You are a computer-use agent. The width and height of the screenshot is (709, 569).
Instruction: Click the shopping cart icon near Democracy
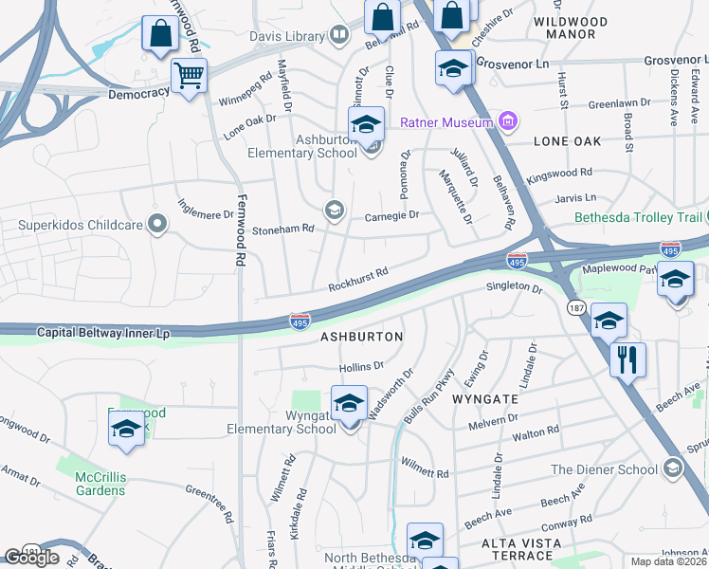pyautogui.click(x=190, y=75)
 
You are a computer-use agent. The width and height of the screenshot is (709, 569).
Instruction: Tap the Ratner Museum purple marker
pyautogui.click(x=508, y=121)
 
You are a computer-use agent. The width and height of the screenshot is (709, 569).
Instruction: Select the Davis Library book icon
pyautogui.click(x=339, y=36)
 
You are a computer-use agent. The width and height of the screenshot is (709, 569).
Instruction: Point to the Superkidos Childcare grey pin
pyautogui.click(x=157, y=225)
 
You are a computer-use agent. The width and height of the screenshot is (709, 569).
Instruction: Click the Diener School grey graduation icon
pyautogui.click(x=672, y=468)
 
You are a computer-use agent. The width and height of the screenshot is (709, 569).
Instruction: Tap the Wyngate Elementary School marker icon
pyautogui.click(x=349, y=404)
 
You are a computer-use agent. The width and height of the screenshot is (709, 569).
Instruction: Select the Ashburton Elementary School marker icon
pyautogui.click(x=366, y=125)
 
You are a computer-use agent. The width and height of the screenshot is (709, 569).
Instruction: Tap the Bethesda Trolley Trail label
pyautogui.click(x=641, y=217)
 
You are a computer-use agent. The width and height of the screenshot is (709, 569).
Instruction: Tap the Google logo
pyautogui.click(x=31, y=558)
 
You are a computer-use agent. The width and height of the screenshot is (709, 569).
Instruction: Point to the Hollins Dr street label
pyautogui.click(x=361, y=366)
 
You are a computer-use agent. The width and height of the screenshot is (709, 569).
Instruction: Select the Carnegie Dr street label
pyautogui.click(x=391, y=216)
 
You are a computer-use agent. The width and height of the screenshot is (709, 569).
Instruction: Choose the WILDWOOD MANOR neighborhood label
pyautogui.click(x=577, y=28)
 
